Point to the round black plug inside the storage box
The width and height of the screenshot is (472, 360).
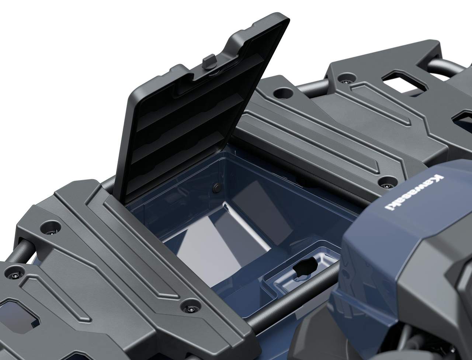216,188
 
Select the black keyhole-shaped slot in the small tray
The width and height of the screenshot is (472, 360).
305,269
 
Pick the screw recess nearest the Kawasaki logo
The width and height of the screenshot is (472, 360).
386,182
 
